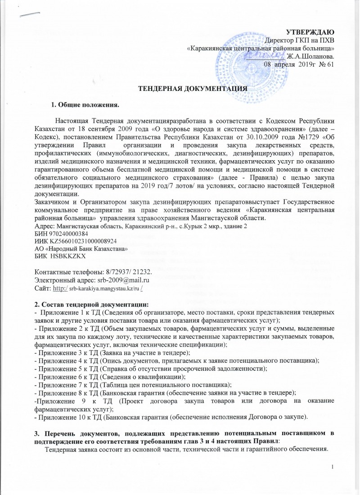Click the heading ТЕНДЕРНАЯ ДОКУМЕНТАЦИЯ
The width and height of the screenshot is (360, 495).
(x=192, y=89)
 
